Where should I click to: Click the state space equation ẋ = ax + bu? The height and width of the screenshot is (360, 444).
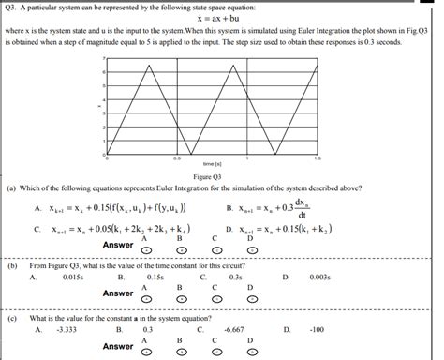pos(222,19)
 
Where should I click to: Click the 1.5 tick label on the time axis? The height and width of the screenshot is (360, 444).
pos(318,157)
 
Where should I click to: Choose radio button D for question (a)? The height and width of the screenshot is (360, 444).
pos(250,250)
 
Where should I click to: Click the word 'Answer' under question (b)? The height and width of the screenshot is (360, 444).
pos(118,293)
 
